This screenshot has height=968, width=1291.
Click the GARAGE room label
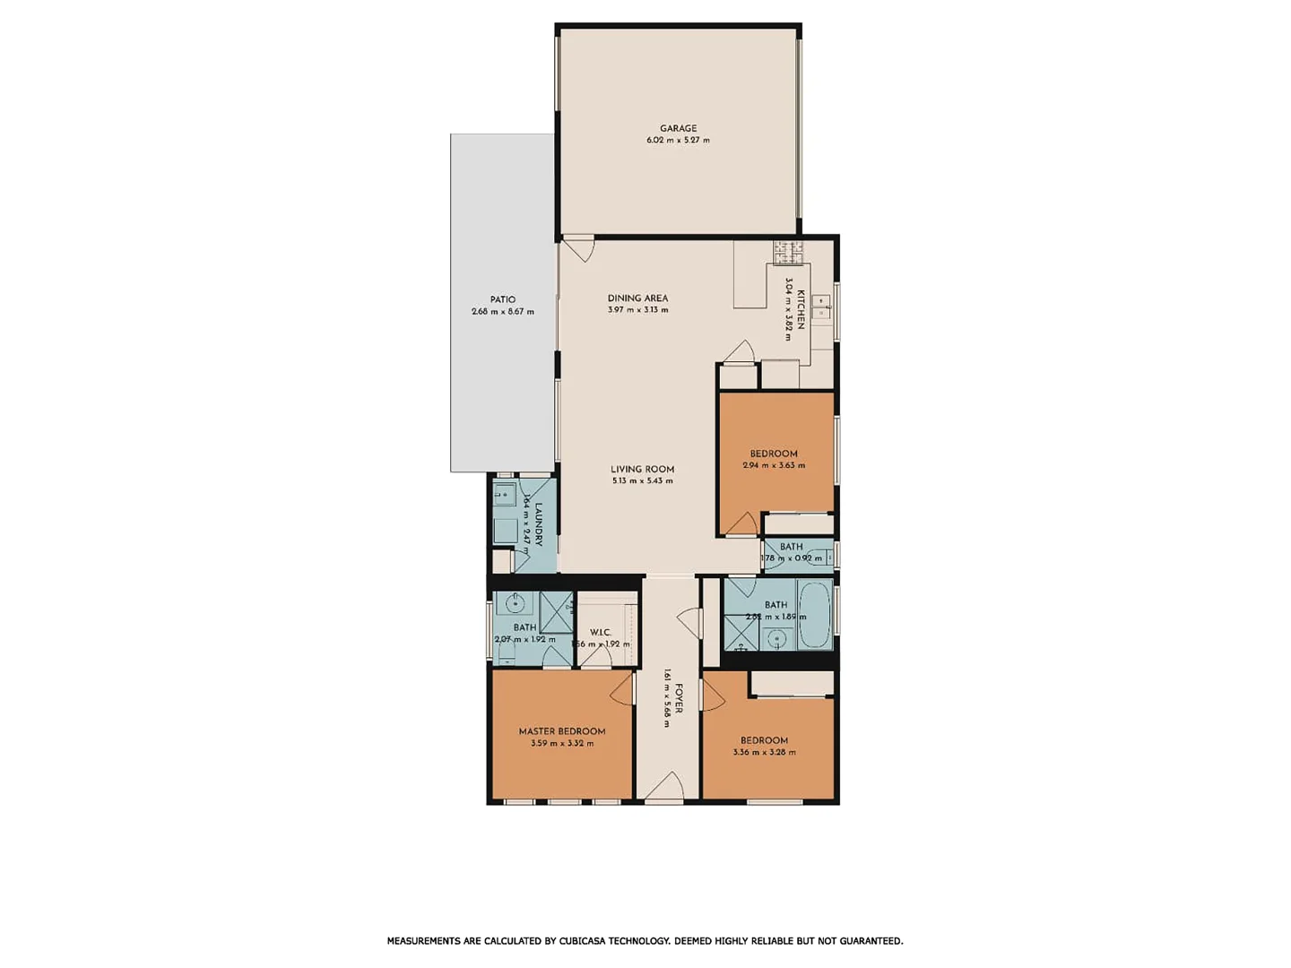point(678,128)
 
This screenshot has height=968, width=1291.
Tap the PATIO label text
point(502,299)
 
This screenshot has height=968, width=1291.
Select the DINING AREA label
point(637,298)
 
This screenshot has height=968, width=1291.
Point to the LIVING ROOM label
point(642,469)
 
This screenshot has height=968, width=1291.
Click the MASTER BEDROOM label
point(562,731)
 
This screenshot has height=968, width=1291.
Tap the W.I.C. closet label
point(600,632)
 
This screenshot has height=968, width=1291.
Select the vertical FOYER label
point(679,699)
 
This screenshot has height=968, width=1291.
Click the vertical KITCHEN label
point(801,309)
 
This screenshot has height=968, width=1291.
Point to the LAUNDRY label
point(539,523)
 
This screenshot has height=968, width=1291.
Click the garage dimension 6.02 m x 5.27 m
point(678,141)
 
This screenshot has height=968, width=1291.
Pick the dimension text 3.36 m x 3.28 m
point(764,753)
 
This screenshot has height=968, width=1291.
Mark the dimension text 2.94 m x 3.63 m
point(774,466)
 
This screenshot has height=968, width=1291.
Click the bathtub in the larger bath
point(815,616)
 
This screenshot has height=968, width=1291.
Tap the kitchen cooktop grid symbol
point(788,252)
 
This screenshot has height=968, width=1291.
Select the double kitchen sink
point(821,307)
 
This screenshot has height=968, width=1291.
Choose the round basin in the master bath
point(516,601)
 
